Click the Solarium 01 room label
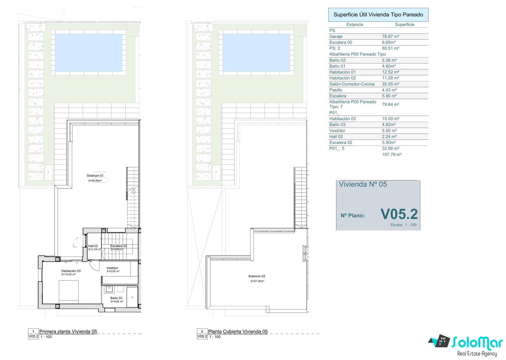(95, 176)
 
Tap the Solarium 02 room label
(257, 276)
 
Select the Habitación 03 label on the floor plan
(71, 271)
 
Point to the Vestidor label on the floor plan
(112, 268)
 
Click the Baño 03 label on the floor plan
(116, 298)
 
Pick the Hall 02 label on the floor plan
(93, 246)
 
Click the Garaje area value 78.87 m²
(390, 36)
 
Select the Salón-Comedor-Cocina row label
(352, 84)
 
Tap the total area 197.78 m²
(392, 155)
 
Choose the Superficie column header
(404, 25)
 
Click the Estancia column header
(355, 25)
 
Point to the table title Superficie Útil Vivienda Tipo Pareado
(378, 15)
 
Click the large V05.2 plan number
(399, 214)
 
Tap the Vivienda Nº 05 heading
(363, 184)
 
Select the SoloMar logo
(466, 345)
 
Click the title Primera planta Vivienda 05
(68, 331)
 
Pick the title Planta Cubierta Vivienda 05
(238, 331)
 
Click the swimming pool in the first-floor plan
(89, 53)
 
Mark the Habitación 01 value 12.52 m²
(390, 72)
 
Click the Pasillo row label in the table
(336, 90)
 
